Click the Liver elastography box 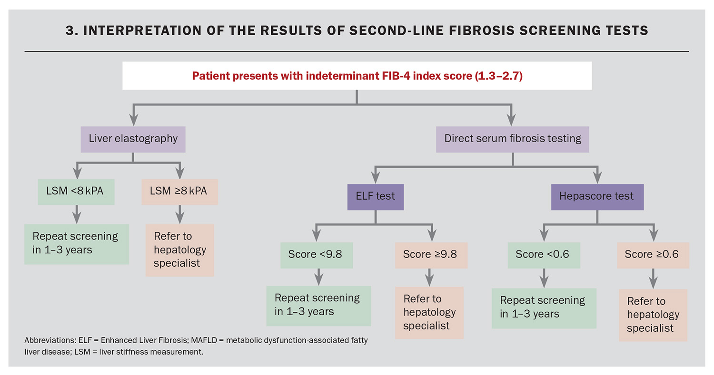pos(133,139)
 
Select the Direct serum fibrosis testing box pos(513,139)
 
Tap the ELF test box pos(376,197)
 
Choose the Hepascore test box pos(597,197)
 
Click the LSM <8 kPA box pos(76,192)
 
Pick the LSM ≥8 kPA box pos(180,192)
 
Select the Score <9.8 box pos(317,255)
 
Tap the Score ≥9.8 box pos(431,255)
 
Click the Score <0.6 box pos(544,255)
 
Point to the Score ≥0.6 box pos(653,255)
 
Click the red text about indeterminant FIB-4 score pos(357,76)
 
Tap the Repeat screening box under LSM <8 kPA pos(77,244)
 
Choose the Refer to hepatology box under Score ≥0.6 pos(653,315)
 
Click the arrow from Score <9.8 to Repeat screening pos(319,277)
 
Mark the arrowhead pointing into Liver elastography pos(134,120)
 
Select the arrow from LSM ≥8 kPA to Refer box pos(180,214)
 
